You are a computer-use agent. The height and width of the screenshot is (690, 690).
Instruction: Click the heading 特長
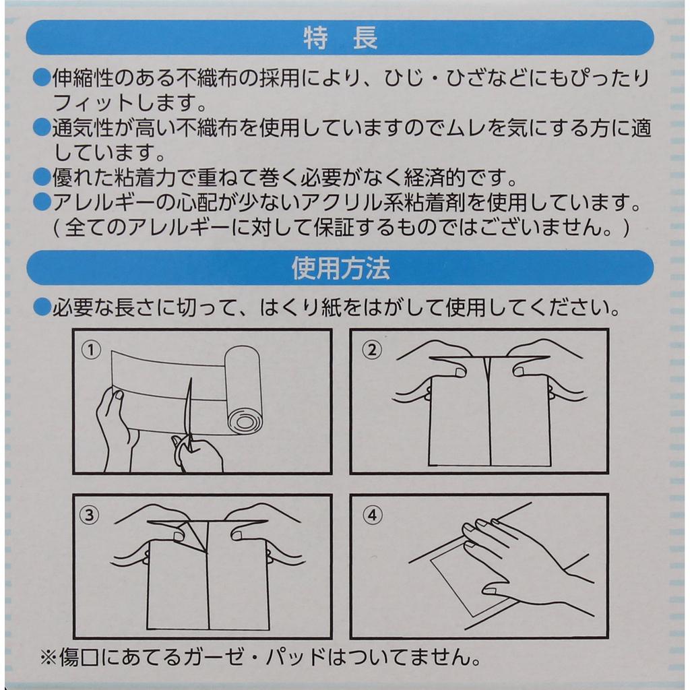[340, 38]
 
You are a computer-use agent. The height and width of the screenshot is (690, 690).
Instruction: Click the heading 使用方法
[340, 268]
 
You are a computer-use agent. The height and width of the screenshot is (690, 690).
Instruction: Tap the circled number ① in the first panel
[91, 350]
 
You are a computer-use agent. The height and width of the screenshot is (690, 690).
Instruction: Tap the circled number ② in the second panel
[372, 350]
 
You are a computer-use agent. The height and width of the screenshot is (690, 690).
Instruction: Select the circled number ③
[90, 514]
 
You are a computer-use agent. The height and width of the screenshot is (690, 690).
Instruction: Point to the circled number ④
[372, 514]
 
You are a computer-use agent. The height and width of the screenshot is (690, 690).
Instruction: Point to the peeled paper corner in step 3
[194, 534]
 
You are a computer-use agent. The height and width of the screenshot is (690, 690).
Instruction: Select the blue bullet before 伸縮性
[42, 78]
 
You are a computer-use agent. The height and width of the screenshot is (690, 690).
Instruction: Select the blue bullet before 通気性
[42, 127]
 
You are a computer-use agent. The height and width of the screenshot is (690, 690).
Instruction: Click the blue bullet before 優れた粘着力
[42, 177]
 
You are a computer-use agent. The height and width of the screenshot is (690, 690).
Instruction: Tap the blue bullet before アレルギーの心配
[42, 202]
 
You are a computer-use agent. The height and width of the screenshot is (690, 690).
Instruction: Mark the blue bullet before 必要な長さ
[42, 307]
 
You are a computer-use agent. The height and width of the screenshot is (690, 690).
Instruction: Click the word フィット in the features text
[93, 103]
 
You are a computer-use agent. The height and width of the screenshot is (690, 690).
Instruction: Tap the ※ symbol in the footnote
[49, 657]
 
